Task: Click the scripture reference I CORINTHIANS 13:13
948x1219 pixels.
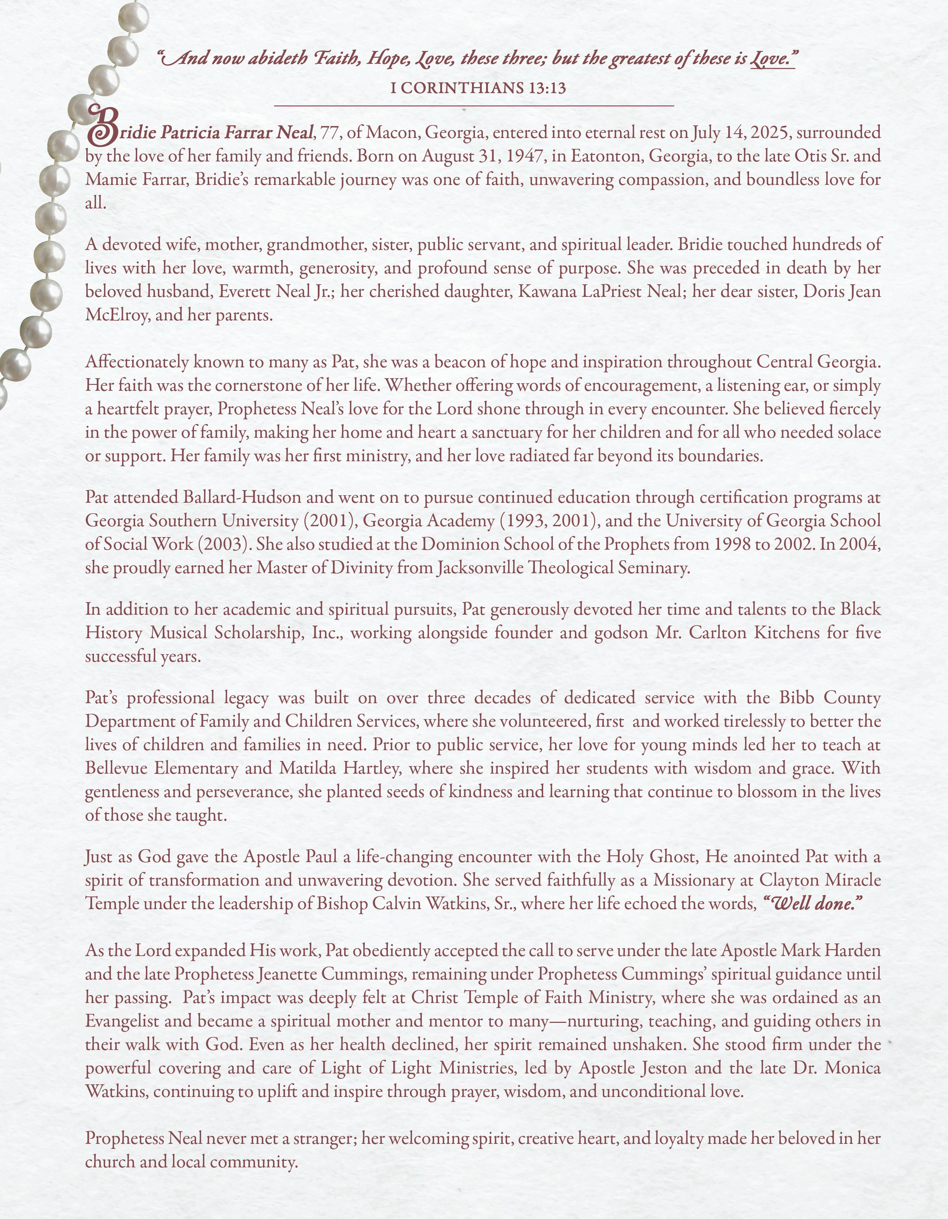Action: pyautogui.click(x=478, y=88)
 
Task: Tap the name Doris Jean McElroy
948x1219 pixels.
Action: pyautogui.click(x=843, y=291)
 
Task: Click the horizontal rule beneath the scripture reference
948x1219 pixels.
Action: pyautogui.click(x=474, y=105)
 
